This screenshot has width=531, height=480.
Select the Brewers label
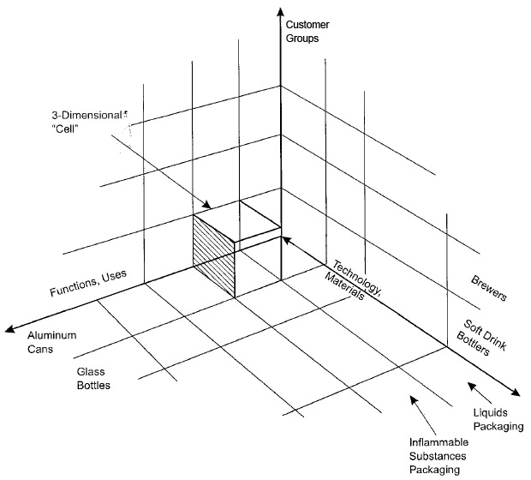(x=490, y=289)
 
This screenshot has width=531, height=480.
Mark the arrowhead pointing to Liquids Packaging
(x=469, y=385)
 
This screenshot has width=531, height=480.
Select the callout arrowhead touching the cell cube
(x=207, y=207)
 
